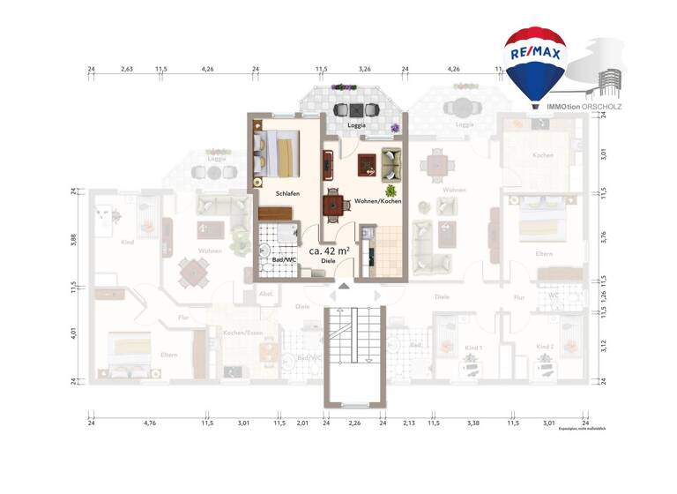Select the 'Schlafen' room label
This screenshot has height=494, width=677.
pyautogui.click(x=287, y=193)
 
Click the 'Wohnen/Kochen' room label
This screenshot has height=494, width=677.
pyautogui.click(x=377, y=201)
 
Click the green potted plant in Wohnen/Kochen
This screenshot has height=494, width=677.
pyautogui.click(x=390, y=189)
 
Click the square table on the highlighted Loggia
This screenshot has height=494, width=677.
pyautogui.click(x=355, y=110)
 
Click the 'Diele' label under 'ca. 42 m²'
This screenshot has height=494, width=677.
pyautogui.click(x=328, y=262)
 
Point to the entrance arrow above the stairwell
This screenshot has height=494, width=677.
pyautogui.click(x=343, y=285)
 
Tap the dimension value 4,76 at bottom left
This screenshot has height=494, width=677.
pyautogui.click(x=149, y=423)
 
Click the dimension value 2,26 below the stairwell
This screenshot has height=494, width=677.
pyautogui.click(x=354, y=423)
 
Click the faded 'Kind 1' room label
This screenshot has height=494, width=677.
pyautogui.click(x=473, y=348)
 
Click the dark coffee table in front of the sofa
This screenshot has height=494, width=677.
pyautogui.click(x=367, y=164)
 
